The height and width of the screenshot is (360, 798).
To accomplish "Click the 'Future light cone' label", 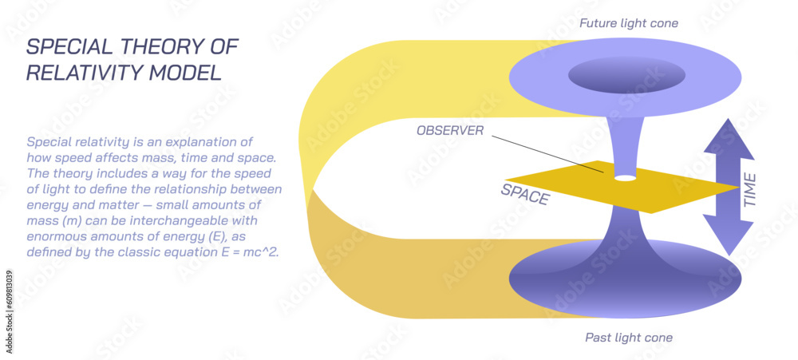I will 628,23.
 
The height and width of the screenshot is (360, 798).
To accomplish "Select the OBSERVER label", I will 450,130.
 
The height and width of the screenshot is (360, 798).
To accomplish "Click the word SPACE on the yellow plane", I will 525,193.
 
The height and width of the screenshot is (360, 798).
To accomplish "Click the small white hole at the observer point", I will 626,177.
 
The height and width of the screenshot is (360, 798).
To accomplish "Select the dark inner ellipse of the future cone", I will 626,76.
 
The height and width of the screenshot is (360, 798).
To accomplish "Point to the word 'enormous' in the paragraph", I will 58,236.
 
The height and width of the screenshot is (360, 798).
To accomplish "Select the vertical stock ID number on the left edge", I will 9,299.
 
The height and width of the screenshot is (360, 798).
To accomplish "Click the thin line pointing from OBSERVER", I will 543,152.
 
